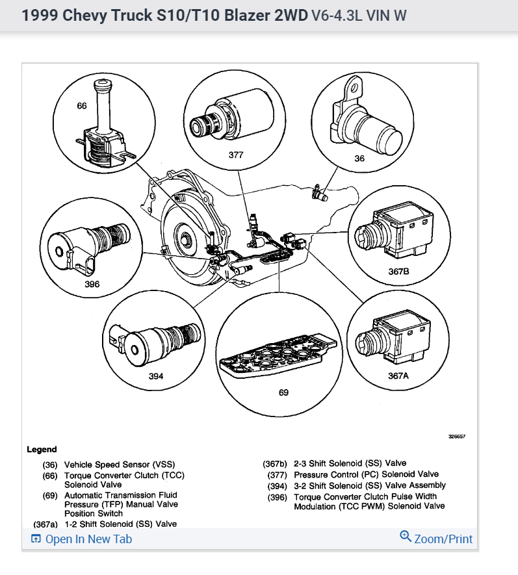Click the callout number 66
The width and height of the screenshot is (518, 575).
pos(82,106)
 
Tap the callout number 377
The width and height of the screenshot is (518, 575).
pos(236,155)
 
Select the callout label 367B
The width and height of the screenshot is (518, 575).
pos(398,272)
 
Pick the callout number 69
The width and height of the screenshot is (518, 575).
pos(283,392)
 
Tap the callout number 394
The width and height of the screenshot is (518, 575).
pos(155,376)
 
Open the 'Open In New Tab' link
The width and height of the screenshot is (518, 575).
pos(82,539)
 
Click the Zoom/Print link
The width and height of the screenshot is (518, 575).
pos(436,539)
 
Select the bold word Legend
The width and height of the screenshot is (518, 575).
pos(42,449)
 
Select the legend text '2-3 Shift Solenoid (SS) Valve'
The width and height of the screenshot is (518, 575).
pos(350,463)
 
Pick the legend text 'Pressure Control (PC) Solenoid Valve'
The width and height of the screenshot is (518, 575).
pos(366,474)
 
